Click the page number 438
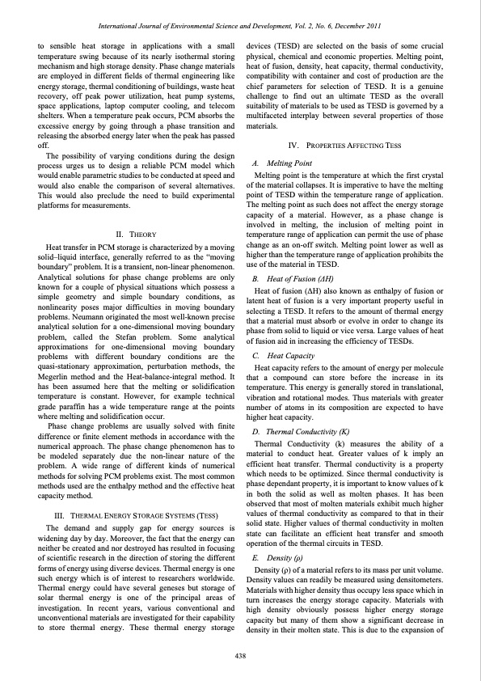240,654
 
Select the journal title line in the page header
240,27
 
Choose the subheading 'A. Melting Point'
283,163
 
